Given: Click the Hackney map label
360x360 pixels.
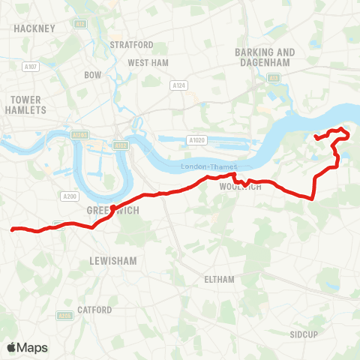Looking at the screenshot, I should (x=34, y=28).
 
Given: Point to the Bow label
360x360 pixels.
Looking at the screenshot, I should (x=93, y=75).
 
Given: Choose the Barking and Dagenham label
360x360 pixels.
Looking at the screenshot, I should (x=265, y=57).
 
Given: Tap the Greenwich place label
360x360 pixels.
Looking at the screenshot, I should (x=109, y=211).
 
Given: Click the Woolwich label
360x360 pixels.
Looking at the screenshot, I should (x=241, y=187).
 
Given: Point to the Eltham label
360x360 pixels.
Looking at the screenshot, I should (x=220, y=279).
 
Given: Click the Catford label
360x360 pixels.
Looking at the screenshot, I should (x=94, y=309).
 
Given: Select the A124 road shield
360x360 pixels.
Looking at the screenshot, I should (x=178, y=85).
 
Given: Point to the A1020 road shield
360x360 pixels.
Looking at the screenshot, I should (x=197, y=139).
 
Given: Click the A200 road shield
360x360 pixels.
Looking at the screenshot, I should (x=68, y=196).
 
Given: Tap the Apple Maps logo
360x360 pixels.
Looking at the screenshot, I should (x=27, y=347).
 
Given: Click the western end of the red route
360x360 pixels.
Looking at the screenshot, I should (x=13, y=229).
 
